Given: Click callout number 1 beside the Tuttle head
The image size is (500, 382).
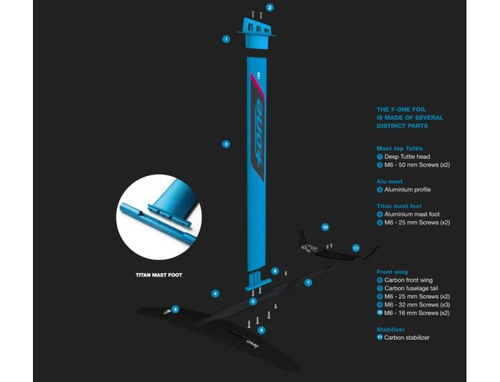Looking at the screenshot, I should click(x=226, y=39).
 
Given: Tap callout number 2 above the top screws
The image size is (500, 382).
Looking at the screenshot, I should click(x=270, y=8).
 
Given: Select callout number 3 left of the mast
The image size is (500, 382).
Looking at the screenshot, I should click(x=226, y=144).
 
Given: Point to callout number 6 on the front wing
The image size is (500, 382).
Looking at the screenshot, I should click(x=175, y=309).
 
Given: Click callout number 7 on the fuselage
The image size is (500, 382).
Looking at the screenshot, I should click(x=308, y=283).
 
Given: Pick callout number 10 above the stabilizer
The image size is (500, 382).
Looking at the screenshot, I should click(x=325, y=227).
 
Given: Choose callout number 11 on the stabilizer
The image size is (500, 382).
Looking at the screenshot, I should click(x=356, y=248).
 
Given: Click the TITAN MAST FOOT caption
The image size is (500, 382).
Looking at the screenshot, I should click(x=159, y=274).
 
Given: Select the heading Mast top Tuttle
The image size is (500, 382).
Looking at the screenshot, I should click(x=399, y=149).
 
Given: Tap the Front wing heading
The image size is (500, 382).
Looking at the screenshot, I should click(x=392, y=272).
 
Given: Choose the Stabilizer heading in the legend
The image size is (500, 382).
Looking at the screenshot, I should click(x=391, y=330).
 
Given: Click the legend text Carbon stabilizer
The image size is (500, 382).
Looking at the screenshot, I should click(x=406, y=338).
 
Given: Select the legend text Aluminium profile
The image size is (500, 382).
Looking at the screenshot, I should click(x=407, y=190).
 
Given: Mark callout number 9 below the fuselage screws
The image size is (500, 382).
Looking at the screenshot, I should click(x=262, y=330).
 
